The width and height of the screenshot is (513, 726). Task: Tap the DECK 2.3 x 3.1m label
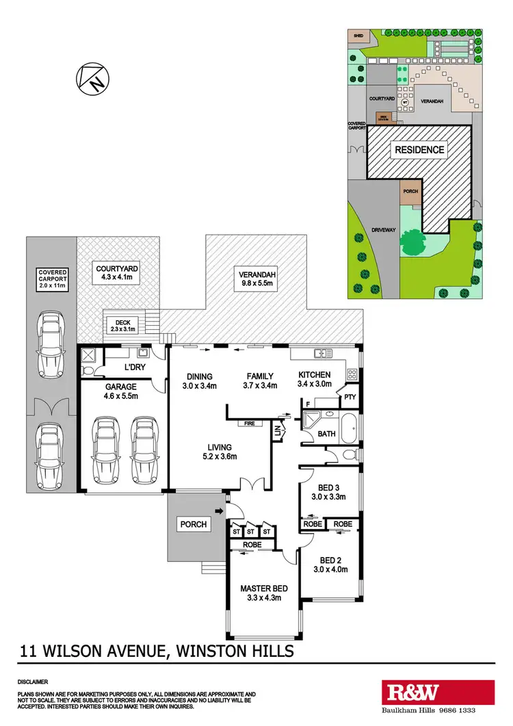(124, 325)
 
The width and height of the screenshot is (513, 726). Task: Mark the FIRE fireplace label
(250, 424)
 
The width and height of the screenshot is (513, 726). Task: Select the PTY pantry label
(350, 397)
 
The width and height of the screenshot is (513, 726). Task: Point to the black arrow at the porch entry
(219, 511)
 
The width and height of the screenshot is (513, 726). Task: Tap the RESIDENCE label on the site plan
(418, 150)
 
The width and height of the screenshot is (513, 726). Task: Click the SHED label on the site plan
(357, 34)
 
